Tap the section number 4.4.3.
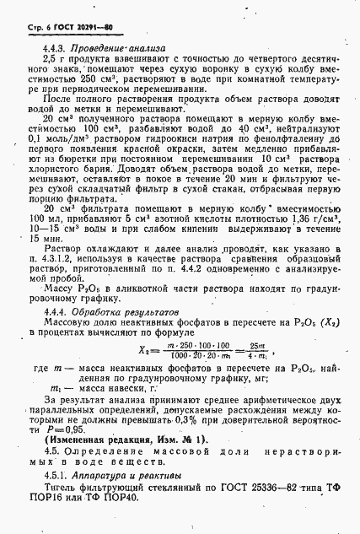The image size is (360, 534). [54, 48]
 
